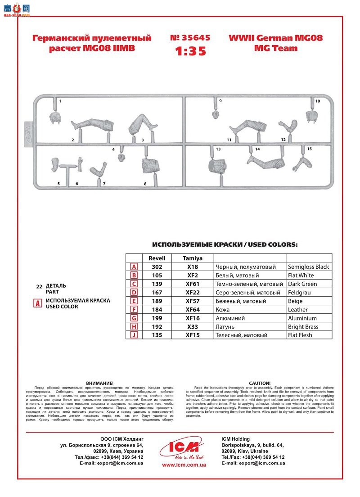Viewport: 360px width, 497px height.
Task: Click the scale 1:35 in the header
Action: tap(190, 51)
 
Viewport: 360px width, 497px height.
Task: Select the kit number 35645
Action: tap(190, 38)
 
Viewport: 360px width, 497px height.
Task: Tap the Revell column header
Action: tap(157, 258)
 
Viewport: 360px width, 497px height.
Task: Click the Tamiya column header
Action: tap(193, 258)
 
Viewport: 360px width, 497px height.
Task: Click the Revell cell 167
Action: tap(157, 293)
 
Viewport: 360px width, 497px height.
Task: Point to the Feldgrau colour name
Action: tap(300, 293)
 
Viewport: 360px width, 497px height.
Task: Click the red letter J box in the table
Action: tap(134, 335)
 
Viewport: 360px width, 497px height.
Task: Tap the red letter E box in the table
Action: tap(134, 301)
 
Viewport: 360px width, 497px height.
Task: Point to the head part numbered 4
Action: tap(121, 158)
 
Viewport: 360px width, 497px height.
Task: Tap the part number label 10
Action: tap(317, 101)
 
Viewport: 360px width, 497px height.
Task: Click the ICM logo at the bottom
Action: tap(180, 448)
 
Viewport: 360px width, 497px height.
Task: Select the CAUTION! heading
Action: tap(260, 383)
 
